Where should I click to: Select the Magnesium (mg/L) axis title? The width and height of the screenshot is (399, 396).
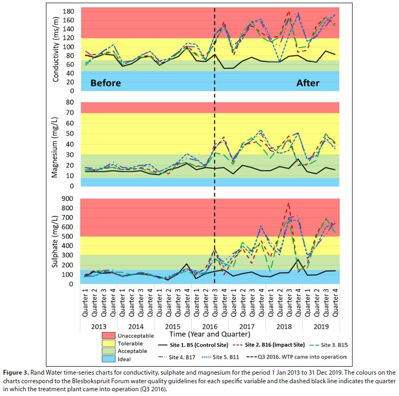(x=56, y=144)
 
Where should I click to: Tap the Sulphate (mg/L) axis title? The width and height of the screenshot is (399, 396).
(x=56, y=240)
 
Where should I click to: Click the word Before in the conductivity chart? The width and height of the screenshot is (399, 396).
(x=106, y=83)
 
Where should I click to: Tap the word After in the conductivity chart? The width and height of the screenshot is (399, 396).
(x=308, y=83)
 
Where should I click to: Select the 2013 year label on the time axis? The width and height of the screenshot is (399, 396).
(x=99, y=326)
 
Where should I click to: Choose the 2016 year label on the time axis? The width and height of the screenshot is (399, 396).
(x=208, y=326)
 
